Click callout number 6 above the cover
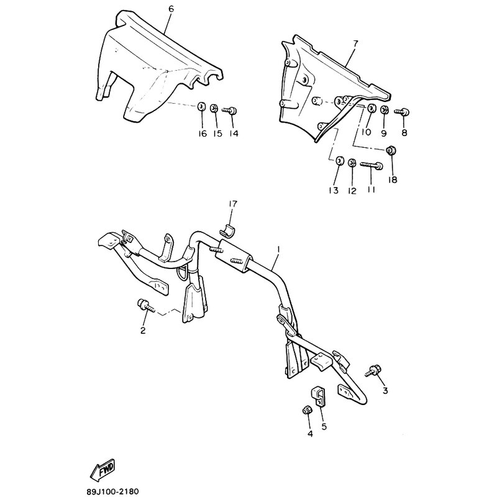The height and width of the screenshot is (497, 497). (x=171, y=9)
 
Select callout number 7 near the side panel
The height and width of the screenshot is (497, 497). (x=355, y=43)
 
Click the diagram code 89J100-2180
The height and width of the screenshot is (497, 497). (x=112, y=491)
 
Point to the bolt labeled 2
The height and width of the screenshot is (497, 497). (x=145, y=306)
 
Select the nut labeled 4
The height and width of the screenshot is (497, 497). (x=307, y=410)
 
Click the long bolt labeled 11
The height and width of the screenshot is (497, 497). (x=372, y=165)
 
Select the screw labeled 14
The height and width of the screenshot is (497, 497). (x=230, y=111)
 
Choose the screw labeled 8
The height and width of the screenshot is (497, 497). (x=402, y=111)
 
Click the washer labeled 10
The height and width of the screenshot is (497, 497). (x=370, y=107)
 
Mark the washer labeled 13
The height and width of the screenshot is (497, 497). (x=339, y=162)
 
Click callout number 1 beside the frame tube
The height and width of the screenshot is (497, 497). (x=278, y=250)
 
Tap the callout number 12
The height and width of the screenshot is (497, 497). (x=352, y=191)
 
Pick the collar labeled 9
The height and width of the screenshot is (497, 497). (x=384, y=110)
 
